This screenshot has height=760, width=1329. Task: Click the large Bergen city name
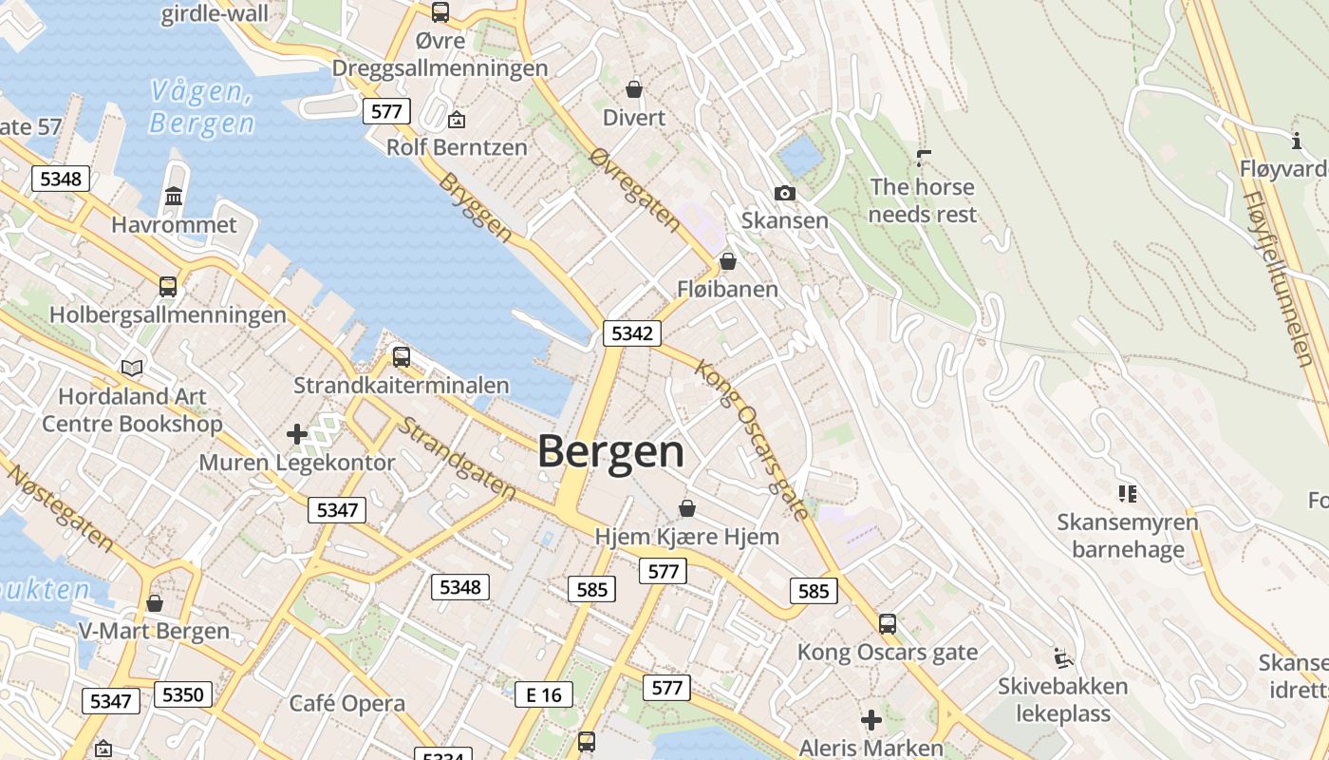tap(611, 452)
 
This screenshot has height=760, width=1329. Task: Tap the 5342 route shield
tap(631, 333)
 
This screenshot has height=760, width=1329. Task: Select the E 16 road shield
tap(544, 695)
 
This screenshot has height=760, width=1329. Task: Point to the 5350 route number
tap(182, 694)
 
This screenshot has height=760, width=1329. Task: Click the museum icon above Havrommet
tap(174, 197)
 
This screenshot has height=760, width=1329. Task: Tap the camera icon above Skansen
tap(784, 194)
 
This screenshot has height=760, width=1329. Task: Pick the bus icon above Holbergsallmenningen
tap(168, 286)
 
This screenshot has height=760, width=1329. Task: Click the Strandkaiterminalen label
tap(402, 386)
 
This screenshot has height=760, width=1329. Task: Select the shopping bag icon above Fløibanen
tap(728, 261)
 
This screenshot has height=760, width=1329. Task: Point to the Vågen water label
tap(202, 107)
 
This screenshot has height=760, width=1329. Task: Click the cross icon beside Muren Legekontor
tap(297, 435)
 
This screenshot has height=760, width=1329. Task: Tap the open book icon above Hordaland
tap(132, 368)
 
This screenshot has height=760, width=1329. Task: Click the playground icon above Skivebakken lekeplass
tap(1062, 657)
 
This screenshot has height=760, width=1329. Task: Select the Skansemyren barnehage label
tap(1128, 536)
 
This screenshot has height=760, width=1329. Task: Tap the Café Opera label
tap(346, 704)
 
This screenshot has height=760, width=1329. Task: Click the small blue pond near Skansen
tap(799, 156)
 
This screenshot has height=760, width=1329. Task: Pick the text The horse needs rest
tap(922, 200)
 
